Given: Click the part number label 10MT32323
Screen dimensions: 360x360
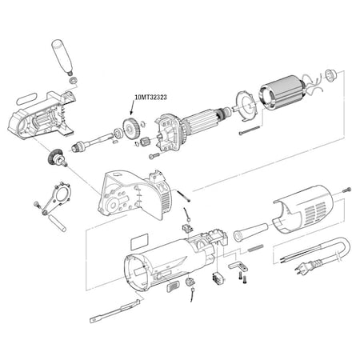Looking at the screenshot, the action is [x=151, y=98].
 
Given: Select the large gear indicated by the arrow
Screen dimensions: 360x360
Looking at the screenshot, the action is [x=130, y=130].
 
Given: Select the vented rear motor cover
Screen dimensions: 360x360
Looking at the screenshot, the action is [x=302, y=210].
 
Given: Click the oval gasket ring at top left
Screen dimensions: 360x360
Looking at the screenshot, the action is [x=26, y=98].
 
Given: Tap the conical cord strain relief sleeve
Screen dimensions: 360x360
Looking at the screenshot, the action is [x=250, y=232].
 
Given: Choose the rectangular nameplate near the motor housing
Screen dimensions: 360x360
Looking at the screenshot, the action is [x=139, y=242].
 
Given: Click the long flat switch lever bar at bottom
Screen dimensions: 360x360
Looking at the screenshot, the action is [x=115, y=311].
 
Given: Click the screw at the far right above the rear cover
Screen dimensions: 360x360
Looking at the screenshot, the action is [x=346, y=190].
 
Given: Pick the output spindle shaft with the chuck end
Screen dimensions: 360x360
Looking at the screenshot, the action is [x=94, y=142].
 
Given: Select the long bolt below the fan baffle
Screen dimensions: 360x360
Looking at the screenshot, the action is [x=250, y=130].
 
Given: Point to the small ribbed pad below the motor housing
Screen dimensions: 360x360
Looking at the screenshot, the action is [x=173, y=286].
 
